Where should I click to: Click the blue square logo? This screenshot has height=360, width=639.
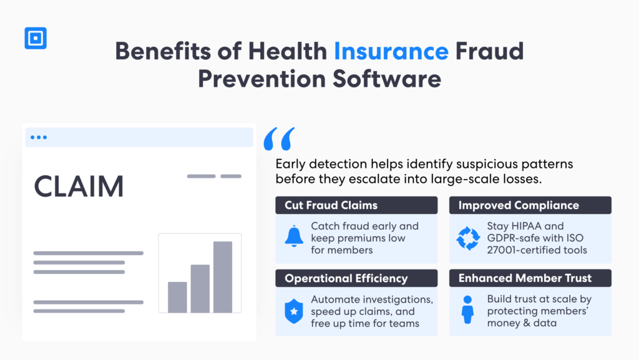tap(36, 38)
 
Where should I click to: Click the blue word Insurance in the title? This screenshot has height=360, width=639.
tap(391, 51)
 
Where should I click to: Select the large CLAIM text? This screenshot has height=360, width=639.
tap(79, 187)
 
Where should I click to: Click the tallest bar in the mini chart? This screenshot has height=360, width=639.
tap(223, 276)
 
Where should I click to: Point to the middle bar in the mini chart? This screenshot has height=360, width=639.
tap(200, 288)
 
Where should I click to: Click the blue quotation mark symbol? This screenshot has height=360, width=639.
tap(279, 139)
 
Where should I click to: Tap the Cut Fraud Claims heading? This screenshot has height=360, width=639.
tap(331, 205)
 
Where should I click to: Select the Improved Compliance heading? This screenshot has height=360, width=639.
tap(519, 205)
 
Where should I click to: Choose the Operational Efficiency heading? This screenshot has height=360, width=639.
tap(346, 278)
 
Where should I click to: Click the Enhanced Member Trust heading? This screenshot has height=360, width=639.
tap(525, 278)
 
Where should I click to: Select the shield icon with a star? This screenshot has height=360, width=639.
tap(293, 311)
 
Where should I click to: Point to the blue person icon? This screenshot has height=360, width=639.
tap(468, 310)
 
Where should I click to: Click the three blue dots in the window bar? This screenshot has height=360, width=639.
tap(39, 137)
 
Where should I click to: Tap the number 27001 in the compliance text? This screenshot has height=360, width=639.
tap(505, 250)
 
